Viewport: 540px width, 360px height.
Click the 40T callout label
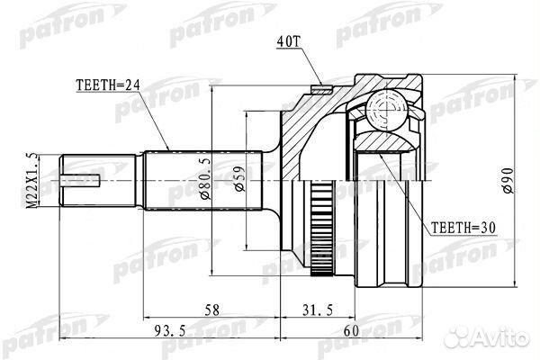tap(289, 41)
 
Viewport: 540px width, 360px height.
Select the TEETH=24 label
tap(108, 85)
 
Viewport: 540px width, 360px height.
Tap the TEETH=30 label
tap(463, 228)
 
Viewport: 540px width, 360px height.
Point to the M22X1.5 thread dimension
tap(32, 180)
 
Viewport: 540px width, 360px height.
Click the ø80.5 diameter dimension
tap(205, 178)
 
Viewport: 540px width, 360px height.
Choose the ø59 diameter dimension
tap(239, 179)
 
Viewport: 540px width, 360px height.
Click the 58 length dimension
tap(211, 310)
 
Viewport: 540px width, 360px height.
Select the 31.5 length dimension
tap(318, 310)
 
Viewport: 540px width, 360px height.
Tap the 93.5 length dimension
tap(170, 331)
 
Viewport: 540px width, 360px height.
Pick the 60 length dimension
tap(351, 331)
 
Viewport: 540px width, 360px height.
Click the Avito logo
tap(486, 337)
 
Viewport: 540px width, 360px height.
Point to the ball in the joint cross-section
tap(387, 111)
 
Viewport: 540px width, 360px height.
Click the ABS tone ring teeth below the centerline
tap(322, 229)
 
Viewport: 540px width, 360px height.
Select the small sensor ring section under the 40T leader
tap(321, 89)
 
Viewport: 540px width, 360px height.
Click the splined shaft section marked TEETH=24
tap(203, 180)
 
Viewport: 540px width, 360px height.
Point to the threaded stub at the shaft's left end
tap(97, 180)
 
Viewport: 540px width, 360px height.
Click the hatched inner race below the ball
tap(386, 141)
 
